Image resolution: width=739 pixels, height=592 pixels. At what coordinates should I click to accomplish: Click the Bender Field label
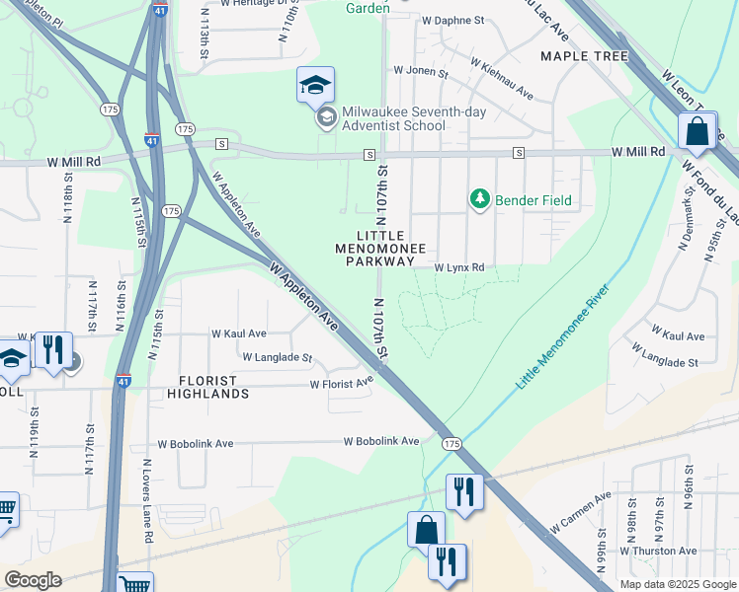tap(534, 200)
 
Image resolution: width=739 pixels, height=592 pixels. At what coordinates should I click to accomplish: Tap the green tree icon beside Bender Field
tap(480, 199)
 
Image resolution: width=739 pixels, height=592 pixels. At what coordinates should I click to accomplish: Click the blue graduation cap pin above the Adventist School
tap(315, 86)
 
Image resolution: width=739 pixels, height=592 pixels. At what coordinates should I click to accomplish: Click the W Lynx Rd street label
tap(460, 267)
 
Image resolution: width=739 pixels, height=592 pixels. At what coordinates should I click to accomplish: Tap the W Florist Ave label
tap(342, 383)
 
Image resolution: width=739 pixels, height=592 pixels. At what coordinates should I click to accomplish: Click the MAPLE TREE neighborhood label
tap(584, 56)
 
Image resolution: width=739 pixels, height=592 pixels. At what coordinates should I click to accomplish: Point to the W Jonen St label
tap(421, 72)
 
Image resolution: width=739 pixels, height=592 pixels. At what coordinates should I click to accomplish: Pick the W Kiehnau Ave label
tap(502, 80)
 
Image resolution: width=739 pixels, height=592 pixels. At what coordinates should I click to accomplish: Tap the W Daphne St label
tap(452, 20)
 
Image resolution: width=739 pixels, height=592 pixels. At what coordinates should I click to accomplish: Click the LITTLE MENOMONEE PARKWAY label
tap(379, 249)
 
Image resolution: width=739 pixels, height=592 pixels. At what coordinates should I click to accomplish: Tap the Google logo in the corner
tap(33, 579)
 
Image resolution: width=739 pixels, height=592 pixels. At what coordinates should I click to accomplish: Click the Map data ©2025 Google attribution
tap(677, 583)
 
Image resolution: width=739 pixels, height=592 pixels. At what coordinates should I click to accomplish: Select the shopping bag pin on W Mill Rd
tap(697, 131)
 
